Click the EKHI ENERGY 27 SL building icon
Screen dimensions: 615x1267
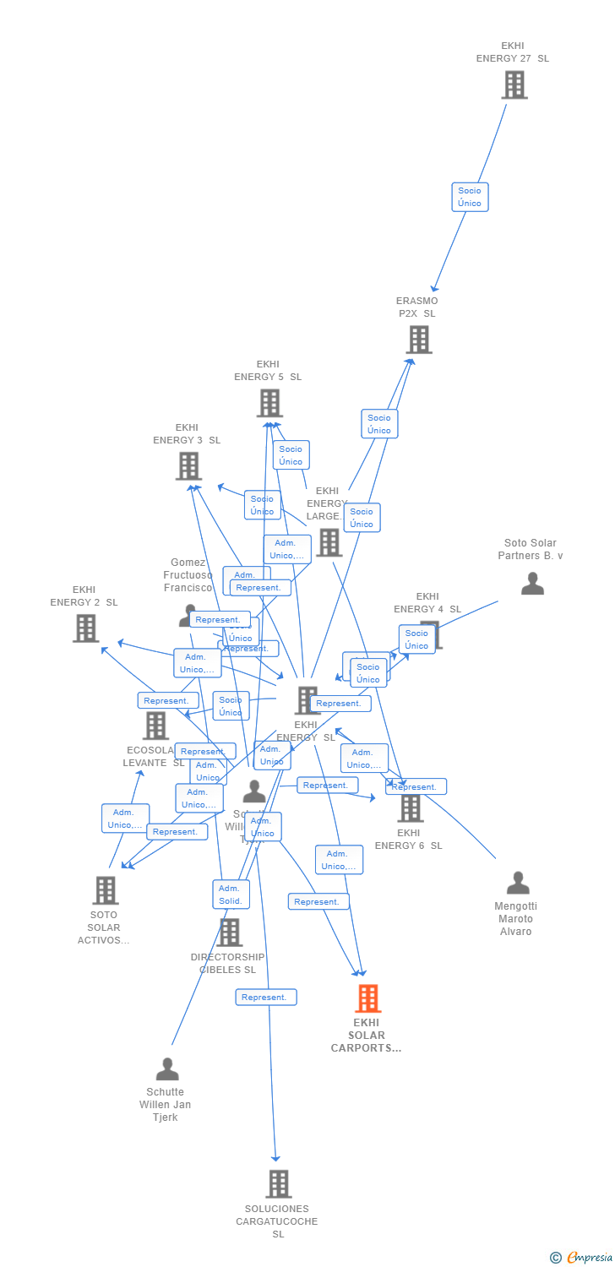pyautogui.click(x=514, y=85)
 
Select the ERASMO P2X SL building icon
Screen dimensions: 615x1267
pyautogui.click(x=419, y=340)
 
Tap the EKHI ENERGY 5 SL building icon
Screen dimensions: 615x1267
pyautogui.click(x=269, y=404)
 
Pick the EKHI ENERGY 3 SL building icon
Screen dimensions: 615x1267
pyautogui.click(x=188, y=465)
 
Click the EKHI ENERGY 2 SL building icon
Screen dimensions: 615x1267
pyautogui.click(x=85, y=628)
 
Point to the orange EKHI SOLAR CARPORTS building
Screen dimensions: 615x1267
pyautogui.click(x=367, y=998)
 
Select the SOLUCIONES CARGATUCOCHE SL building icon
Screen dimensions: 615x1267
pyautogui.click(x=278, y=1183)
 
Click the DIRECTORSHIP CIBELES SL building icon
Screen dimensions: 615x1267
pyautogui.click(x=229, y=933)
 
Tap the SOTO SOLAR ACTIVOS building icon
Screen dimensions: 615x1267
pyautogui.click(x=106, y=889)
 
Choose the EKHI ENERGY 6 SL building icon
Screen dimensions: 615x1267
pyautogui.click(x=410, y=808)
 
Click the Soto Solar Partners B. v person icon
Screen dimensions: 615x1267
pyautogui.click(x=532, y=584)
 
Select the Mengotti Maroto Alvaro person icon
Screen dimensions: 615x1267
pyautogui.click(x=518, y=884)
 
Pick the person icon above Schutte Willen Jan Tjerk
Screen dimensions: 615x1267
pyautogui.click(x=167, y=1069)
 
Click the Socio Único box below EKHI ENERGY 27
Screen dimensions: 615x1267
pyautogui.click(x=470, y=197)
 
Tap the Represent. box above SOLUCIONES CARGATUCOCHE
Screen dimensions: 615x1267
pyautogui.click(x=265, y=998)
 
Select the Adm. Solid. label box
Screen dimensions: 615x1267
pyautogui.click(x=230, y=895)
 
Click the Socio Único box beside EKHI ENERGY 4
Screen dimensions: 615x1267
pyautogui.click(x=416, y=639)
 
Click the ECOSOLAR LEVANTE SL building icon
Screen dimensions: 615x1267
pyautogui.click(x=156, y=726)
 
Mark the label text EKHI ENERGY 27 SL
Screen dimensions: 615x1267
pyautogui.click(x=513, y=52)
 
